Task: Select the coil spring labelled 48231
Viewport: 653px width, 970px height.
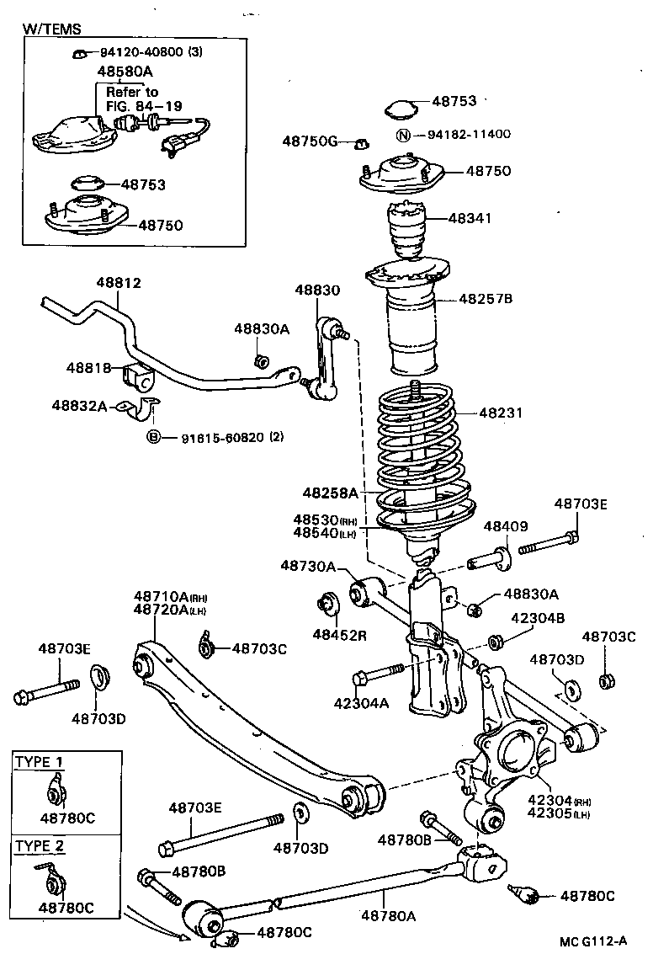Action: click(419, 455)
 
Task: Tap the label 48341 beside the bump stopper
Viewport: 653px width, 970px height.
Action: click(470, 218)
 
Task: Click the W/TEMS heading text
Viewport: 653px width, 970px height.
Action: click(51, 29)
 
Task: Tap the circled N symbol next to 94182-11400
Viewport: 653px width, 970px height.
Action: click(403, 135)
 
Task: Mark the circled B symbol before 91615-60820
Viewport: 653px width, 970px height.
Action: click(153, 437)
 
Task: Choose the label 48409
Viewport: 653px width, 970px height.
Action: click(506, 526)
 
